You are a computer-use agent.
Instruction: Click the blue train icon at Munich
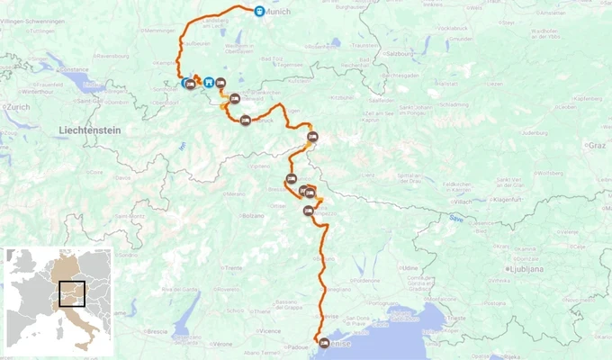click(x=258, y=12)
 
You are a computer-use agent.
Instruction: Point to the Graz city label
click(x=597, y=144)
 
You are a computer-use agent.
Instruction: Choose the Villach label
click(x=463, y=202)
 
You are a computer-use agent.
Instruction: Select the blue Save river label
click(x=458, y=218)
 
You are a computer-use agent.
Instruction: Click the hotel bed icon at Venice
click(x=323, y=343)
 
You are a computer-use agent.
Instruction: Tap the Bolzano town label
click(x=253, y=217)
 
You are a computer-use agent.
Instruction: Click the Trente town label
click(x=234, y=268)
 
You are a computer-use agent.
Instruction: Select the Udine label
click(x=410, y=267)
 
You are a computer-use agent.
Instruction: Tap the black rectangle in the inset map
click(x=71, y=295)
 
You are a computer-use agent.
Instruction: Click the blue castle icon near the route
click(x=209, y=82)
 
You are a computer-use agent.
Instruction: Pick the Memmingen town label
click(x=159, y=31)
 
